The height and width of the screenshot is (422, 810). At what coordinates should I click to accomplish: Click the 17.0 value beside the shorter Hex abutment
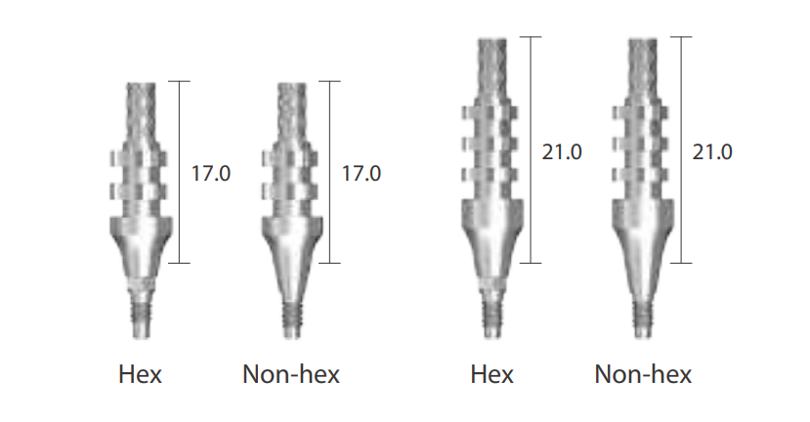(211, 174)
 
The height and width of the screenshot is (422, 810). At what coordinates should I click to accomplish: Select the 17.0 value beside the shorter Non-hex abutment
(362, 174)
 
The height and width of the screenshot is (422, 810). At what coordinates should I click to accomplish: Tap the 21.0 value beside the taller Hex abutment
(562, 151)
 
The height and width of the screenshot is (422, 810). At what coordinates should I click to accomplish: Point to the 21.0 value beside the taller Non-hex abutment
(712, 151)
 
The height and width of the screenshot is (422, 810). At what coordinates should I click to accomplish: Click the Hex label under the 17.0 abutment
(140, 374)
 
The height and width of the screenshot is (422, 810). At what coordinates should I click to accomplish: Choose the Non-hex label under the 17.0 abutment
(291, 374)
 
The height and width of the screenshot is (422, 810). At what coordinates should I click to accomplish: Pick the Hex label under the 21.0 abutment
(491, 374)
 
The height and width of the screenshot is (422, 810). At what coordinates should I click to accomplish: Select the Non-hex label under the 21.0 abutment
(643, 374)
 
